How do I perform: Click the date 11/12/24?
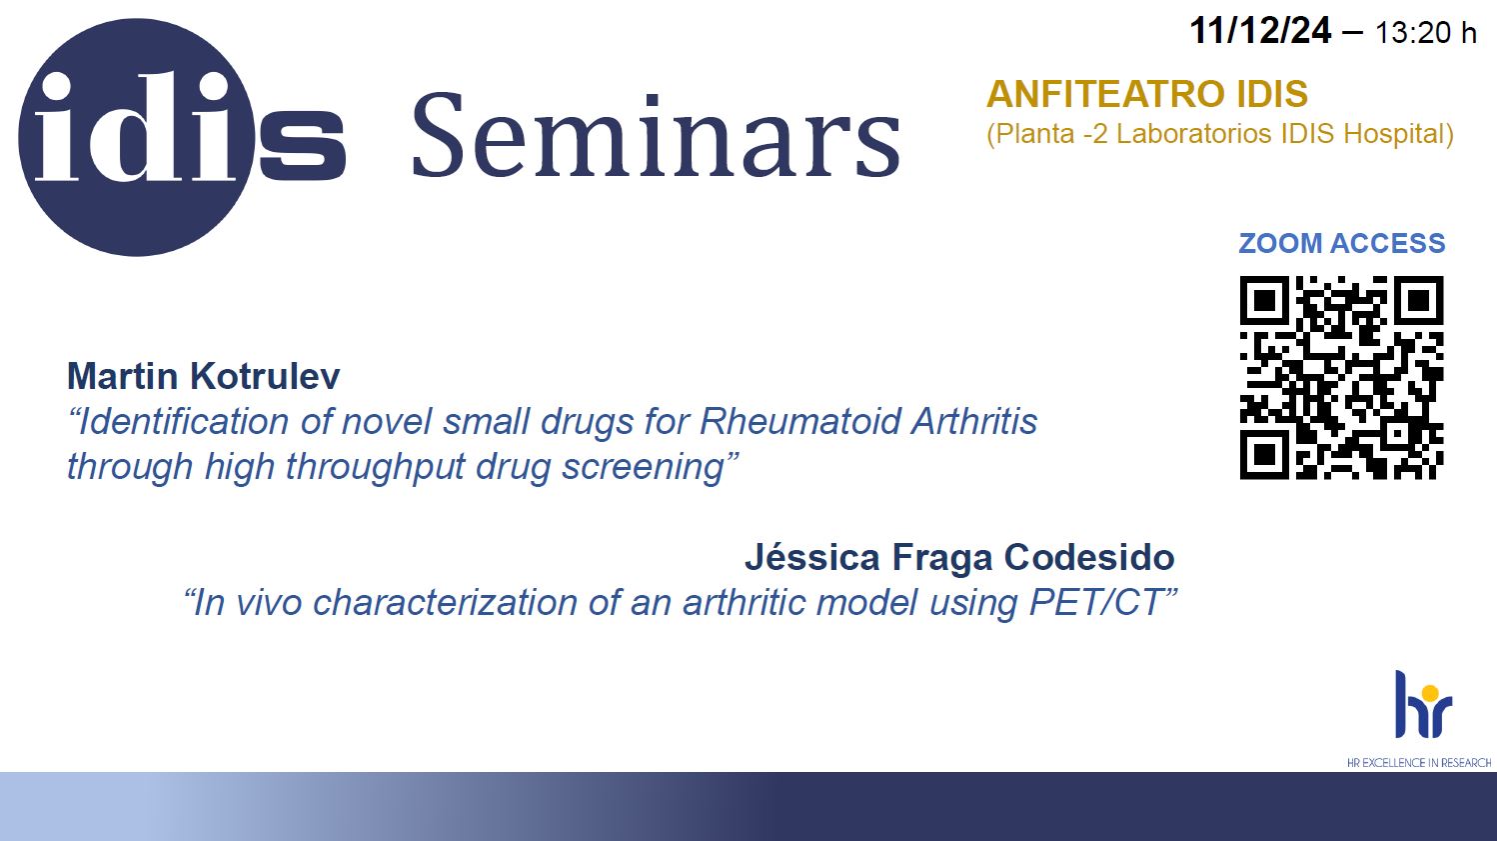[1260, 31]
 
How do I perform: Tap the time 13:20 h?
[1425, 33]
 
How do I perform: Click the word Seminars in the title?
[657, 136]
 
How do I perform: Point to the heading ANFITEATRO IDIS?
[1147, 94]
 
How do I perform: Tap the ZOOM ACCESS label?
[1342, 243]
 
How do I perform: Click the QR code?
[1341, 377]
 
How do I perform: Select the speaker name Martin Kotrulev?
[203, 376]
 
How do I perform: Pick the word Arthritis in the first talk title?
[974, 421]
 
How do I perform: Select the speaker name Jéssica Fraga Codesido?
[959, 557]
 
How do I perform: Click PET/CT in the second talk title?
[1102, 602]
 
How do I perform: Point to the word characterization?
[445, 602]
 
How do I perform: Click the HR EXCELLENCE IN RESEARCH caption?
[1419, 763]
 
